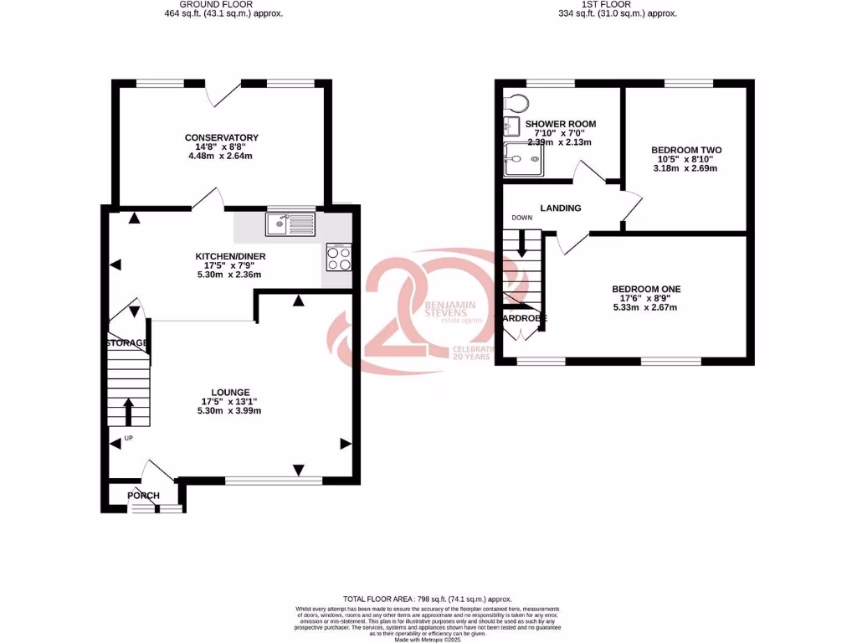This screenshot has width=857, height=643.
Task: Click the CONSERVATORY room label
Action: [x=222, y=137]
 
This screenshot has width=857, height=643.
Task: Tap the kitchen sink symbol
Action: [x=290, y=224]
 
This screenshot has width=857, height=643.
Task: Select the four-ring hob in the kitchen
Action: [x=339, y=258]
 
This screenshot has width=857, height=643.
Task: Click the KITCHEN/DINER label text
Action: [x=228, y=255]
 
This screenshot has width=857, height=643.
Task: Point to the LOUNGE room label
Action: [x=230, y=391]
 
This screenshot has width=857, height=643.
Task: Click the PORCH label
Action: [x=143, y=496]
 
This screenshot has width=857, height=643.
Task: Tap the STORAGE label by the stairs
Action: [x=127, y=343]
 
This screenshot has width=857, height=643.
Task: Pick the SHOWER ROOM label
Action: [x=560, y=124]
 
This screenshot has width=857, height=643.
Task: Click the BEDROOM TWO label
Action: [x=686, y=150]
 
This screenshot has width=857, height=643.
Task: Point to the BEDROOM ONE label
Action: [x=645, y=289]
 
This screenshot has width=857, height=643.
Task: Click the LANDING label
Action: [x=561, y=208]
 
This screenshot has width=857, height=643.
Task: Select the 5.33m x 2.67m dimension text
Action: [x=645, y=308]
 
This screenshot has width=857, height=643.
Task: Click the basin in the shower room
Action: [x=512, y=127]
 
